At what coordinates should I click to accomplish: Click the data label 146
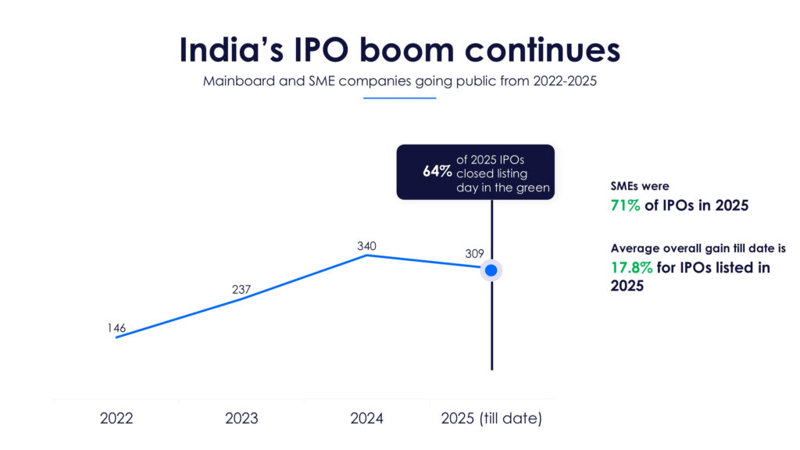tap(116, 328)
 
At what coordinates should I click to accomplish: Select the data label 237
tap(241, 290)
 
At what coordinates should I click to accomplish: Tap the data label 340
tap(366, 246)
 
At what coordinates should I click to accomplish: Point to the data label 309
tap(474, 253)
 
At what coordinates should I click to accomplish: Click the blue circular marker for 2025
tap(491, 270)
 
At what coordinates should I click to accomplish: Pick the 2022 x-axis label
tap(116, 418)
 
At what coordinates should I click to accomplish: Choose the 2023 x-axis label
tap(241, 418)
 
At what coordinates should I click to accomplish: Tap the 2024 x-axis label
tap(366, 418)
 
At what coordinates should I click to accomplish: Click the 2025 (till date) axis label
tap(491, 418)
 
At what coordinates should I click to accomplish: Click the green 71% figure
tap(626, 206)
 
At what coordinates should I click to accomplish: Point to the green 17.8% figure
tap(630, 268)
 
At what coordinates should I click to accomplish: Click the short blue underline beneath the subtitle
tap(399, 98)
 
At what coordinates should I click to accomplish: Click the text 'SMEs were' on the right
tap(639, 187)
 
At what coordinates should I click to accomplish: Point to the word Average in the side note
tap(634, 248)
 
